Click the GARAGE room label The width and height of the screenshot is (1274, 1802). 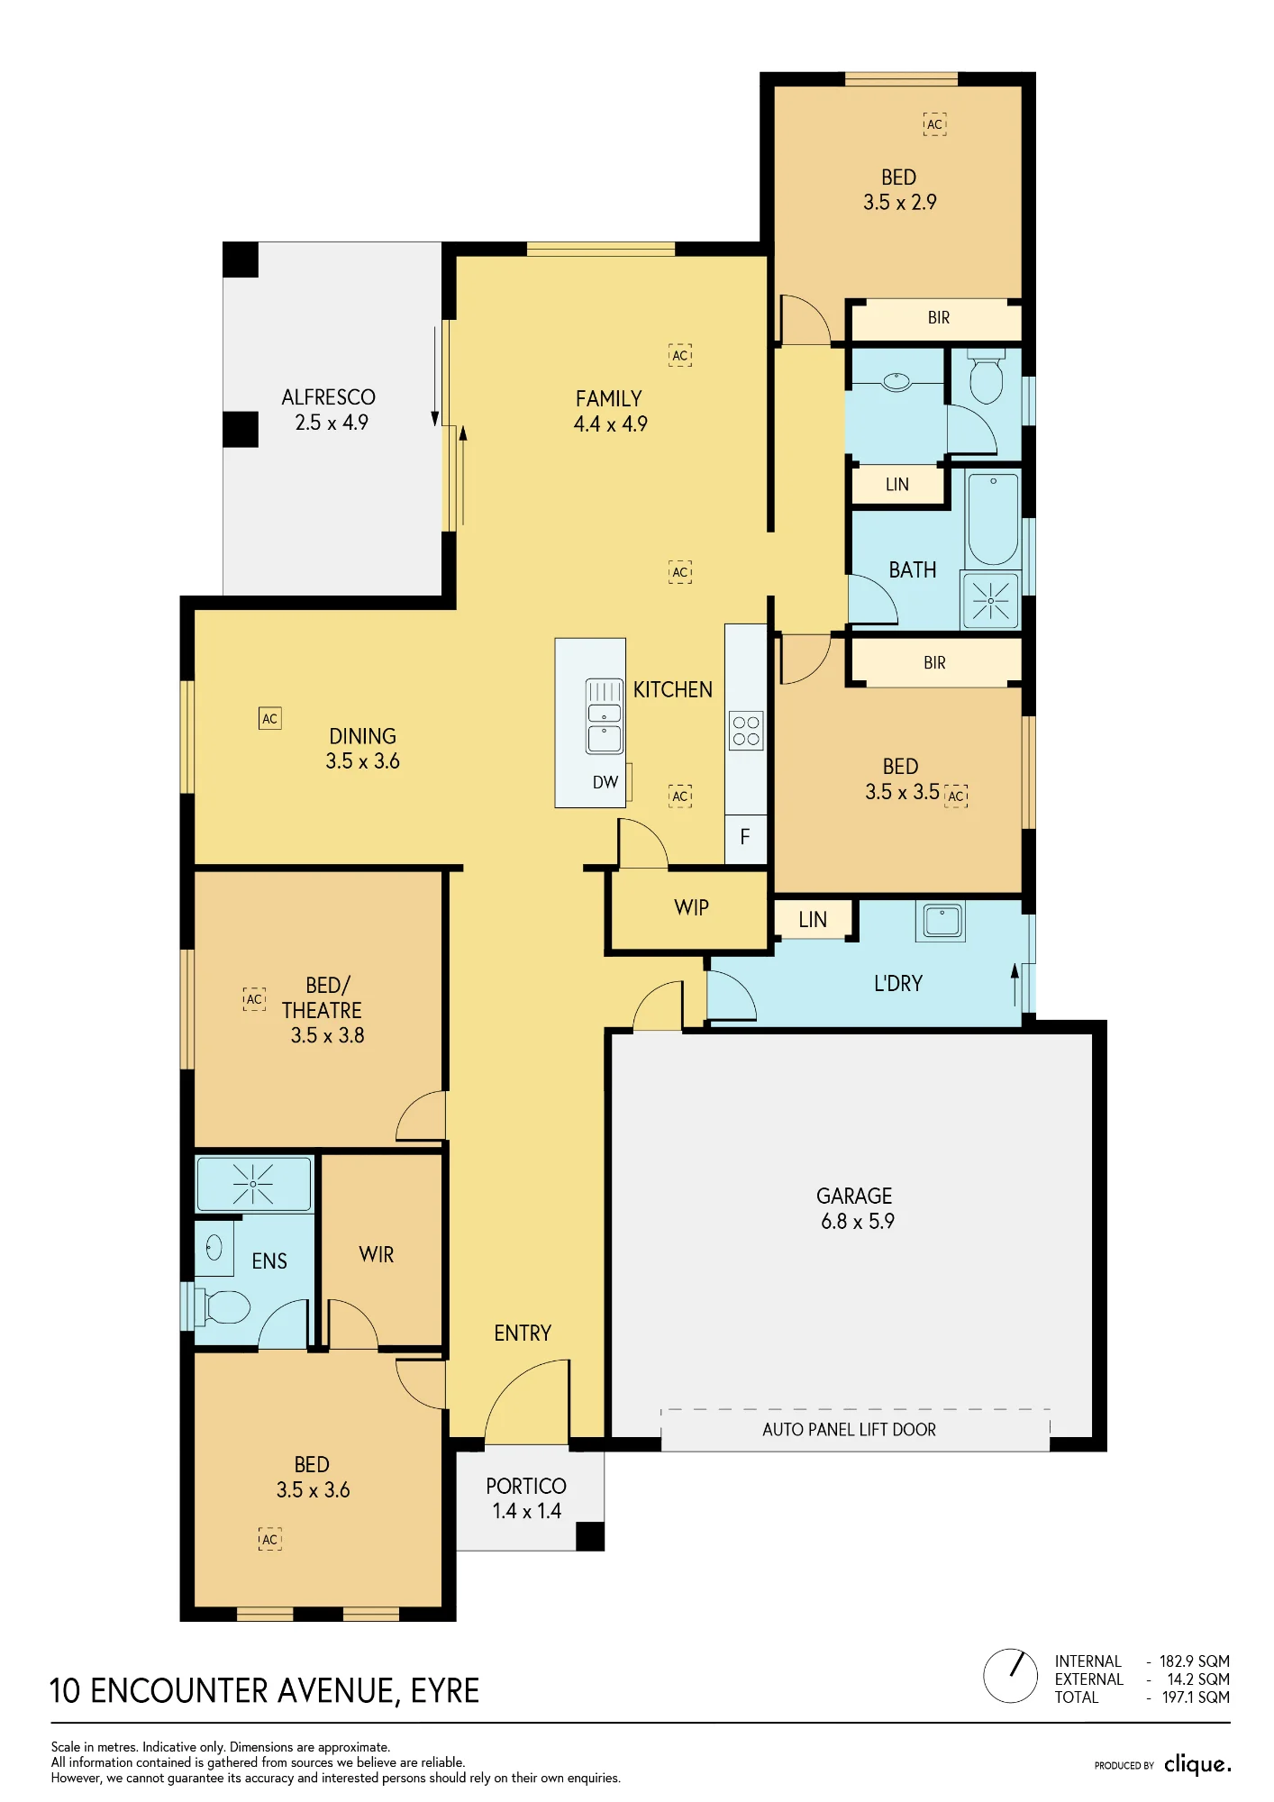point(854,1196)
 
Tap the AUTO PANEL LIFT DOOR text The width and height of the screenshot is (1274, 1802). point(849,1430)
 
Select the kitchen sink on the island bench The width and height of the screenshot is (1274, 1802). point(604,716)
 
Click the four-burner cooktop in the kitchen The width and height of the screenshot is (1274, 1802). point(746,731)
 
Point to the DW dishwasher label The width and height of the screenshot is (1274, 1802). point(605,782)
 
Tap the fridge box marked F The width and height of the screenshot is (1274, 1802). point(745,837)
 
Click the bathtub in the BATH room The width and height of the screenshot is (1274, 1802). point(993,519)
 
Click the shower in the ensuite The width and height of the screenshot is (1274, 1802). point(253,1184)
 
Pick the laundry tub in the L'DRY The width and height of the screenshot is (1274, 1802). point(942,921)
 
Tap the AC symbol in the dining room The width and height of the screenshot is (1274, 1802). point(269,718)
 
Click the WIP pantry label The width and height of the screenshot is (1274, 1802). point(691,907)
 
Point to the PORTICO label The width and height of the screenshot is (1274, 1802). point(526,1486)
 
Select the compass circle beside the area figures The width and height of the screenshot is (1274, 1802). point(1011,1676)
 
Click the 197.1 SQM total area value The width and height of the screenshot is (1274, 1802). point(1196,1697)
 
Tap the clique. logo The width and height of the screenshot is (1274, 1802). point(1197,1764)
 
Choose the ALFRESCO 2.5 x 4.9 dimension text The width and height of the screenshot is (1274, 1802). point(332,423)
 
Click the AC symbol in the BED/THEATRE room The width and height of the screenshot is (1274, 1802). point(254,999)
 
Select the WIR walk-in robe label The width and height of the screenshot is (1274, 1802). point(376,1254)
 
